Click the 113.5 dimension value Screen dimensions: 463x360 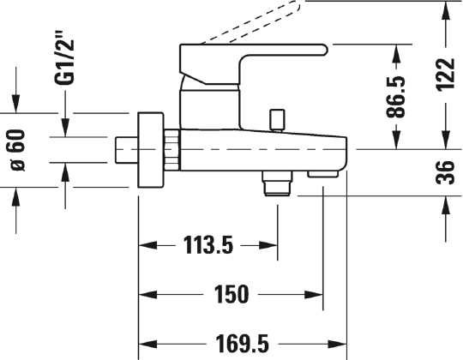pos(208,245)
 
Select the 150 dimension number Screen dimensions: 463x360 pos(231,294)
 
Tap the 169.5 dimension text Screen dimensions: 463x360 pos(242,344)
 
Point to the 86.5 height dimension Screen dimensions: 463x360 pos(395,97)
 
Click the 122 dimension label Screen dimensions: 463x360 pos(446,75)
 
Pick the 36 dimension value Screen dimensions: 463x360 pos(445,172)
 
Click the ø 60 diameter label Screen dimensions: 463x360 pos(18,150)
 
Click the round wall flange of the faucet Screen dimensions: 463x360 pos(151,150)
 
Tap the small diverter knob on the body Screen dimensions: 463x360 pos(277,119)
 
